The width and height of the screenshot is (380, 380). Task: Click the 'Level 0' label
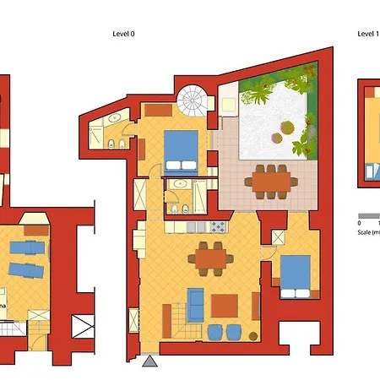[x=123, y=35]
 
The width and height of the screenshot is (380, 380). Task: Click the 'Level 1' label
[x=366, y=35]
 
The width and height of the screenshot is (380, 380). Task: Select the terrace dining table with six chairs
[x=270, y=179]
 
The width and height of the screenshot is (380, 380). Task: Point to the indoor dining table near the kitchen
[x=211, y=257]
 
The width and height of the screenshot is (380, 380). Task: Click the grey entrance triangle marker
[x=149, y=361]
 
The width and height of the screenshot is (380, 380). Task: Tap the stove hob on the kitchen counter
[x=218, y=226]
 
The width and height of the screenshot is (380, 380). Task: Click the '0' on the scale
[x=360, y=224]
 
